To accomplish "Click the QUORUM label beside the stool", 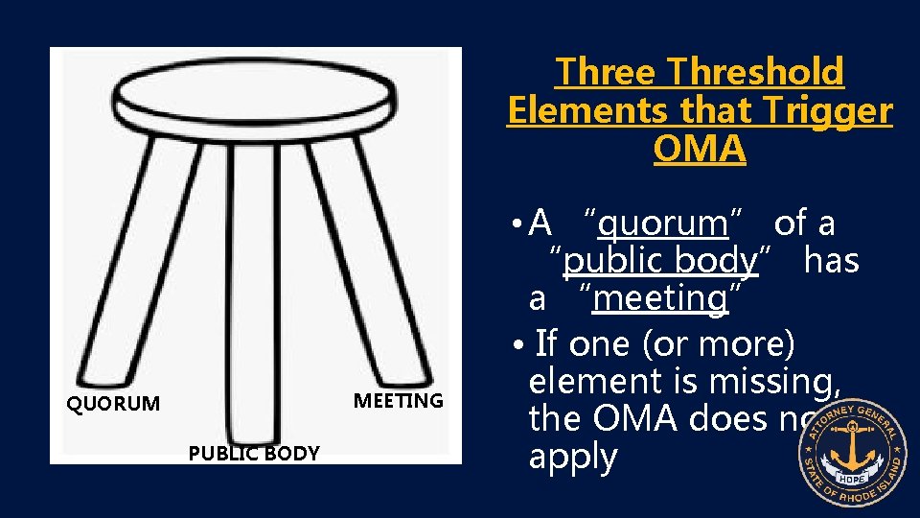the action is coord(112,404).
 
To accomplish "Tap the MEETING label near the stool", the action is coord(398,400).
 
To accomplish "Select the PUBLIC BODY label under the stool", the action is coord(254,454).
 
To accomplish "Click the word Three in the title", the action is coord(609,72).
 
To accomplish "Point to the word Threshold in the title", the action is coord(757,72).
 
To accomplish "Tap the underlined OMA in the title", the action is coord(699,149).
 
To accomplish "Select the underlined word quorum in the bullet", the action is coord(662,224).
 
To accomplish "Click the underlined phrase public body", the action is coord(661,261).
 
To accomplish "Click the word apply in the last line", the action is coord(573,457).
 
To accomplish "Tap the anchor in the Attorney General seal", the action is coord(851,450).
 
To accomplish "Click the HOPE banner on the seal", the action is coord(851,479).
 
